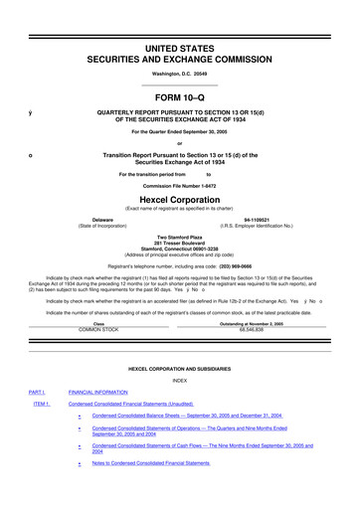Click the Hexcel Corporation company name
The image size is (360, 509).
(179, 199)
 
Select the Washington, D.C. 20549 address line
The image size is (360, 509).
(179, 45)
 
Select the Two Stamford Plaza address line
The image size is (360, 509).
(179, 237)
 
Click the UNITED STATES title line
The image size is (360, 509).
(179, 20)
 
